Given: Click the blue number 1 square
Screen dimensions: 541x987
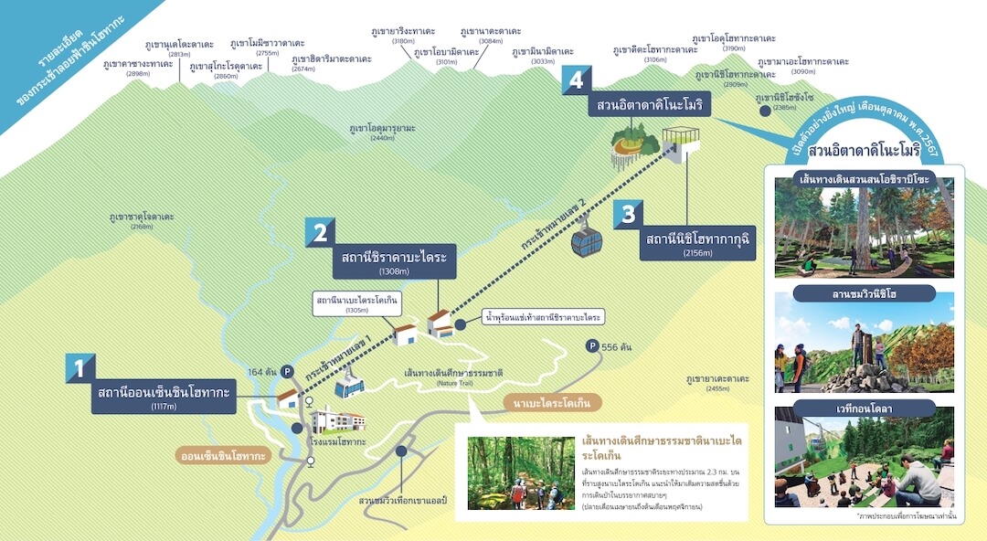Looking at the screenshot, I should click(80, 367).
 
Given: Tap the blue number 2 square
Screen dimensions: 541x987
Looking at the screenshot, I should click(320, 232).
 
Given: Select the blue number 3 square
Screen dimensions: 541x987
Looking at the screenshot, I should click(628, 214).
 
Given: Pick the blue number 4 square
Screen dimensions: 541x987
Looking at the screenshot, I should click(576, 80).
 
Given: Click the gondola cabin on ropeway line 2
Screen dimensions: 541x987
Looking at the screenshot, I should click(587, 240).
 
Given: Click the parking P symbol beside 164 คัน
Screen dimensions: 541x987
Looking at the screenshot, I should click(287, 372).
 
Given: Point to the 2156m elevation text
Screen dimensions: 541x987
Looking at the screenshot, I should click(696, 253).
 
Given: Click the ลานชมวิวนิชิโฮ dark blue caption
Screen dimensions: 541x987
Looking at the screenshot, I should click(864, 293).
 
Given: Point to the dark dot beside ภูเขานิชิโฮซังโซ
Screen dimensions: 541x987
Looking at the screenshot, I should click(764, 110).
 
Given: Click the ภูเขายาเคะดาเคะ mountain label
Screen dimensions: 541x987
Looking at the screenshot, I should click(717, 378).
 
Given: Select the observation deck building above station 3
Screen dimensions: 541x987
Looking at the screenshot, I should click(681, 143).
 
